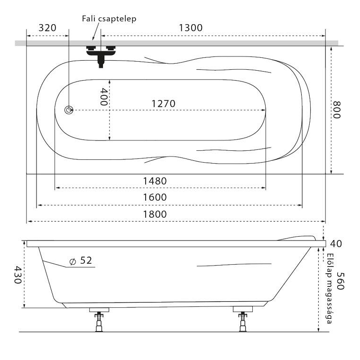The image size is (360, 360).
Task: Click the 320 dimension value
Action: coord(47,28)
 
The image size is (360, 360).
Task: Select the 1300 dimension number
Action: coord(191,28)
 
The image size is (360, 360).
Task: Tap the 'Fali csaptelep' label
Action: coord(109,18)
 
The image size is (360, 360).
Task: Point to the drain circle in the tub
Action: coord(69,110)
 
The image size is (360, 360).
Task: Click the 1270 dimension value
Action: coord(164,104)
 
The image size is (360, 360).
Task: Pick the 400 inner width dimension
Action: coord(104,97)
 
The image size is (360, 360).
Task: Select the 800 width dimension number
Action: coord(337,110)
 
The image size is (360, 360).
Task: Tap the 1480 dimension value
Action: coord(155,181)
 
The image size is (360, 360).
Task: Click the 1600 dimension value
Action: coord(155,197)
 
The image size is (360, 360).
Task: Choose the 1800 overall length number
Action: coord(155,214)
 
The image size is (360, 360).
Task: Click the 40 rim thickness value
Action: coord(336,244)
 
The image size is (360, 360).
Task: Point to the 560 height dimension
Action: coord(341,281)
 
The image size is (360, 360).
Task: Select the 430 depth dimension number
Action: coord(18,275)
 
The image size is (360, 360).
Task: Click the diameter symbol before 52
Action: coord(73,261)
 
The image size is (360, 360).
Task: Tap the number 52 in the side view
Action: coord(86,260)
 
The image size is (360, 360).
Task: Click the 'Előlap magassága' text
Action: coord(330,288)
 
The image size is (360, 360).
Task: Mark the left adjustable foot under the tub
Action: coord(99,320)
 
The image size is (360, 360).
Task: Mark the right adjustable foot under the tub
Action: coord(243,319)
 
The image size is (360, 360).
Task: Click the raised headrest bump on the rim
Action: coord(296,238)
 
